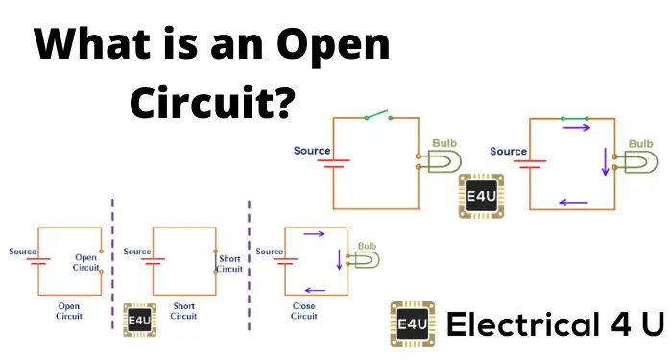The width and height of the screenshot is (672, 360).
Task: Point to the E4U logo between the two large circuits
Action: (481, 195)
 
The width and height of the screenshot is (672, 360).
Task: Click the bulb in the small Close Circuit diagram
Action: (368, 260)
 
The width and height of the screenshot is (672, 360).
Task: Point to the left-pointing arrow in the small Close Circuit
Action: (314, 289)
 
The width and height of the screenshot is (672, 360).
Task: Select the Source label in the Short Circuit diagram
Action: (137, 252)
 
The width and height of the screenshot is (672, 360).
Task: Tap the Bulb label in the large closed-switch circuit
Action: (640, 143)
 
